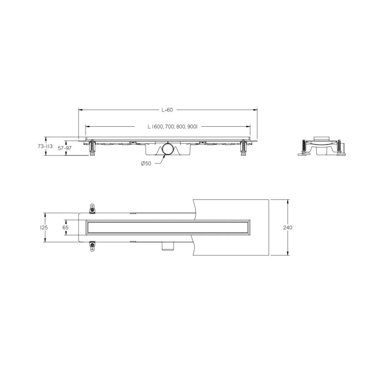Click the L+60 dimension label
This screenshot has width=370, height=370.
click(167, 110)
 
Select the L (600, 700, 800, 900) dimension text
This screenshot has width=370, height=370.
click(173, 127)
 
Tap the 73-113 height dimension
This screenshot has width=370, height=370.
click(45, 146)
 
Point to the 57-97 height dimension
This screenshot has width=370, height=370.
click(65, 148)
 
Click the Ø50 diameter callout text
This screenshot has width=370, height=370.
click(146, 163)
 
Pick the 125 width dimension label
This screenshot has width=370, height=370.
click(44, 228)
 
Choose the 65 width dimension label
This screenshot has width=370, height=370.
click(65, 228)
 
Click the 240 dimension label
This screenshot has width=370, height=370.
click(288, 228)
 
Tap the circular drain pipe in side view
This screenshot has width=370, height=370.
click(168, 149)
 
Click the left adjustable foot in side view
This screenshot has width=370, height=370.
click(92, 148)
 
